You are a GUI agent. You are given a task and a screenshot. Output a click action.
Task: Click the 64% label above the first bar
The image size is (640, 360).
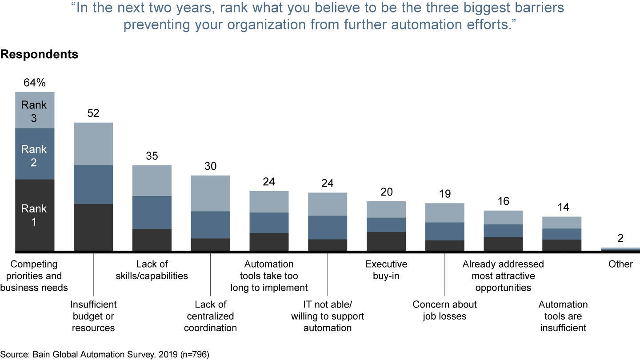pos(35,83)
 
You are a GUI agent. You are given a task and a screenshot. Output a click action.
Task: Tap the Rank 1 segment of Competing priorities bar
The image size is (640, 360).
pos(35,215)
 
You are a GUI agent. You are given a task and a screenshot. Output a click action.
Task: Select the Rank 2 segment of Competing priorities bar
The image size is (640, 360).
pos(35,154)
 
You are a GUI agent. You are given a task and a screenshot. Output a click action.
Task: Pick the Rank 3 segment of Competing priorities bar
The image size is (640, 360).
pos(35,110)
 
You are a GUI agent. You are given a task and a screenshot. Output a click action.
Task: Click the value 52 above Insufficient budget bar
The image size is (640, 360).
pos(93,113)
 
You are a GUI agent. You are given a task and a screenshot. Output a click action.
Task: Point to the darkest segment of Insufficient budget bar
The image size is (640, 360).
pos(93,227)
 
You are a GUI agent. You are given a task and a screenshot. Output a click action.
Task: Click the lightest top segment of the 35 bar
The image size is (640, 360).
pos(152,180)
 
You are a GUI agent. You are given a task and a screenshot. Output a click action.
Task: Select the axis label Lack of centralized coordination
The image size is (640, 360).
pos(211,316)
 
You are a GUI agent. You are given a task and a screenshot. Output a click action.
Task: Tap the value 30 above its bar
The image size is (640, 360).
pos(211,166)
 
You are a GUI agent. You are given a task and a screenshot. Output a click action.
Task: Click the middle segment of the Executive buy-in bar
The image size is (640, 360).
pos(386,224)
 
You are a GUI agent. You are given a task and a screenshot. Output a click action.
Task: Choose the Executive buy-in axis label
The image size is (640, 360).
pos(386,270)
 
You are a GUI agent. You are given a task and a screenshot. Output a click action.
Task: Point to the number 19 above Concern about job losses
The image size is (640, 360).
pos(445,194)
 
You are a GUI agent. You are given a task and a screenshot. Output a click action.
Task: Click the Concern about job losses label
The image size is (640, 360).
pos(445,310)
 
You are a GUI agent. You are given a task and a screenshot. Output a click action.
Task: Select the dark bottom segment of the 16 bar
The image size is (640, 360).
pos(503,244)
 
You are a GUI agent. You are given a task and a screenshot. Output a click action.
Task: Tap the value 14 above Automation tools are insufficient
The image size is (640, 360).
pos(562,208)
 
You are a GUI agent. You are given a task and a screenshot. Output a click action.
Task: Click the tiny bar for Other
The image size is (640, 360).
pos(620,249)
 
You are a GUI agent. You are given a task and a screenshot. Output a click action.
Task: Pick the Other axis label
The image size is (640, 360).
pos(620,264)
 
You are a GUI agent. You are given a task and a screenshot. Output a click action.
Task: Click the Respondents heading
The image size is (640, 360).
pos(39,54)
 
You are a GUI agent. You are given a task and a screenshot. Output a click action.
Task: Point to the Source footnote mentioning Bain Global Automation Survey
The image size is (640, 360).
pos(104,355)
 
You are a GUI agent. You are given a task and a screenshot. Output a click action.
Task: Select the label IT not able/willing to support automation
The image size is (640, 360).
pos(328,316)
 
